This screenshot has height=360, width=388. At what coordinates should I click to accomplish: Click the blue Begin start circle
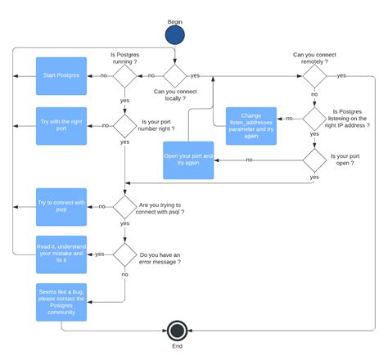(x=175, y=35)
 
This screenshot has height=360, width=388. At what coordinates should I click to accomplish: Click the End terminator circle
(x=175, y=331)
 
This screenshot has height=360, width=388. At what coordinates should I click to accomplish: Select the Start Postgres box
(x=61, y=75)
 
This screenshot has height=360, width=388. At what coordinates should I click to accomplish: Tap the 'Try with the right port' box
(x=61, y=126)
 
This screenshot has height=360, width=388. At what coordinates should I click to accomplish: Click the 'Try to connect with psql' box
(x=61, y=206)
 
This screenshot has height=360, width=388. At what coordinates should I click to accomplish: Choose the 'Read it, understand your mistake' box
(x=61, y=254)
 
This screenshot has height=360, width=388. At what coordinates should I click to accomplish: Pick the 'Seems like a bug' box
(x=61, y=304)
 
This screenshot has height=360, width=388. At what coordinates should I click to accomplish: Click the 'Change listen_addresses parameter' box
(x=250, y=126)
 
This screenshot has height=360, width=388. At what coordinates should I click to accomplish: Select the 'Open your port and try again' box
(x=189, y=160)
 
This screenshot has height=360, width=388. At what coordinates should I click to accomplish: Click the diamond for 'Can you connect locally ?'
(x=175, y=75)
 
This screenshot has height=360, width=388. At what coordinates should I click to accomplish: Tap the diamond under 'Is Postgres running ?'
(x=124, y=75)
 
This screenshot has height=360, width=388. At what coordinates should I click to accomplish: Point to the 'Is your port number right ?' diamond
(x=124, y=126)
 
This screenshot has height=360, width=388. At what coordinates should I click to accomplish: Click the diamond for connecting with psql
(x=124, y=206)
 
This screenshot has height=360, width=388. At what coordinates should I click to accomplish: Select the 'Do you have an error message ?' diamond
(x=124, y=254)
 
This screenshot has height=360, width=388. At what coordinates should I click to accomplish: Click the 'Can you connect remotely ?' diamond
(x=314, y=75)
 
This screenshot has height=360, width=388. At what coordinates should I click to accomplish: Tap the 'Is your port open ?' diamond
(x=314, y=160)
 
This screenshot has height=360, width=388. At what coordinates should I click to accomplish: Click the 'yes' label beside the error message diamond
(x=99, y=254)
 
